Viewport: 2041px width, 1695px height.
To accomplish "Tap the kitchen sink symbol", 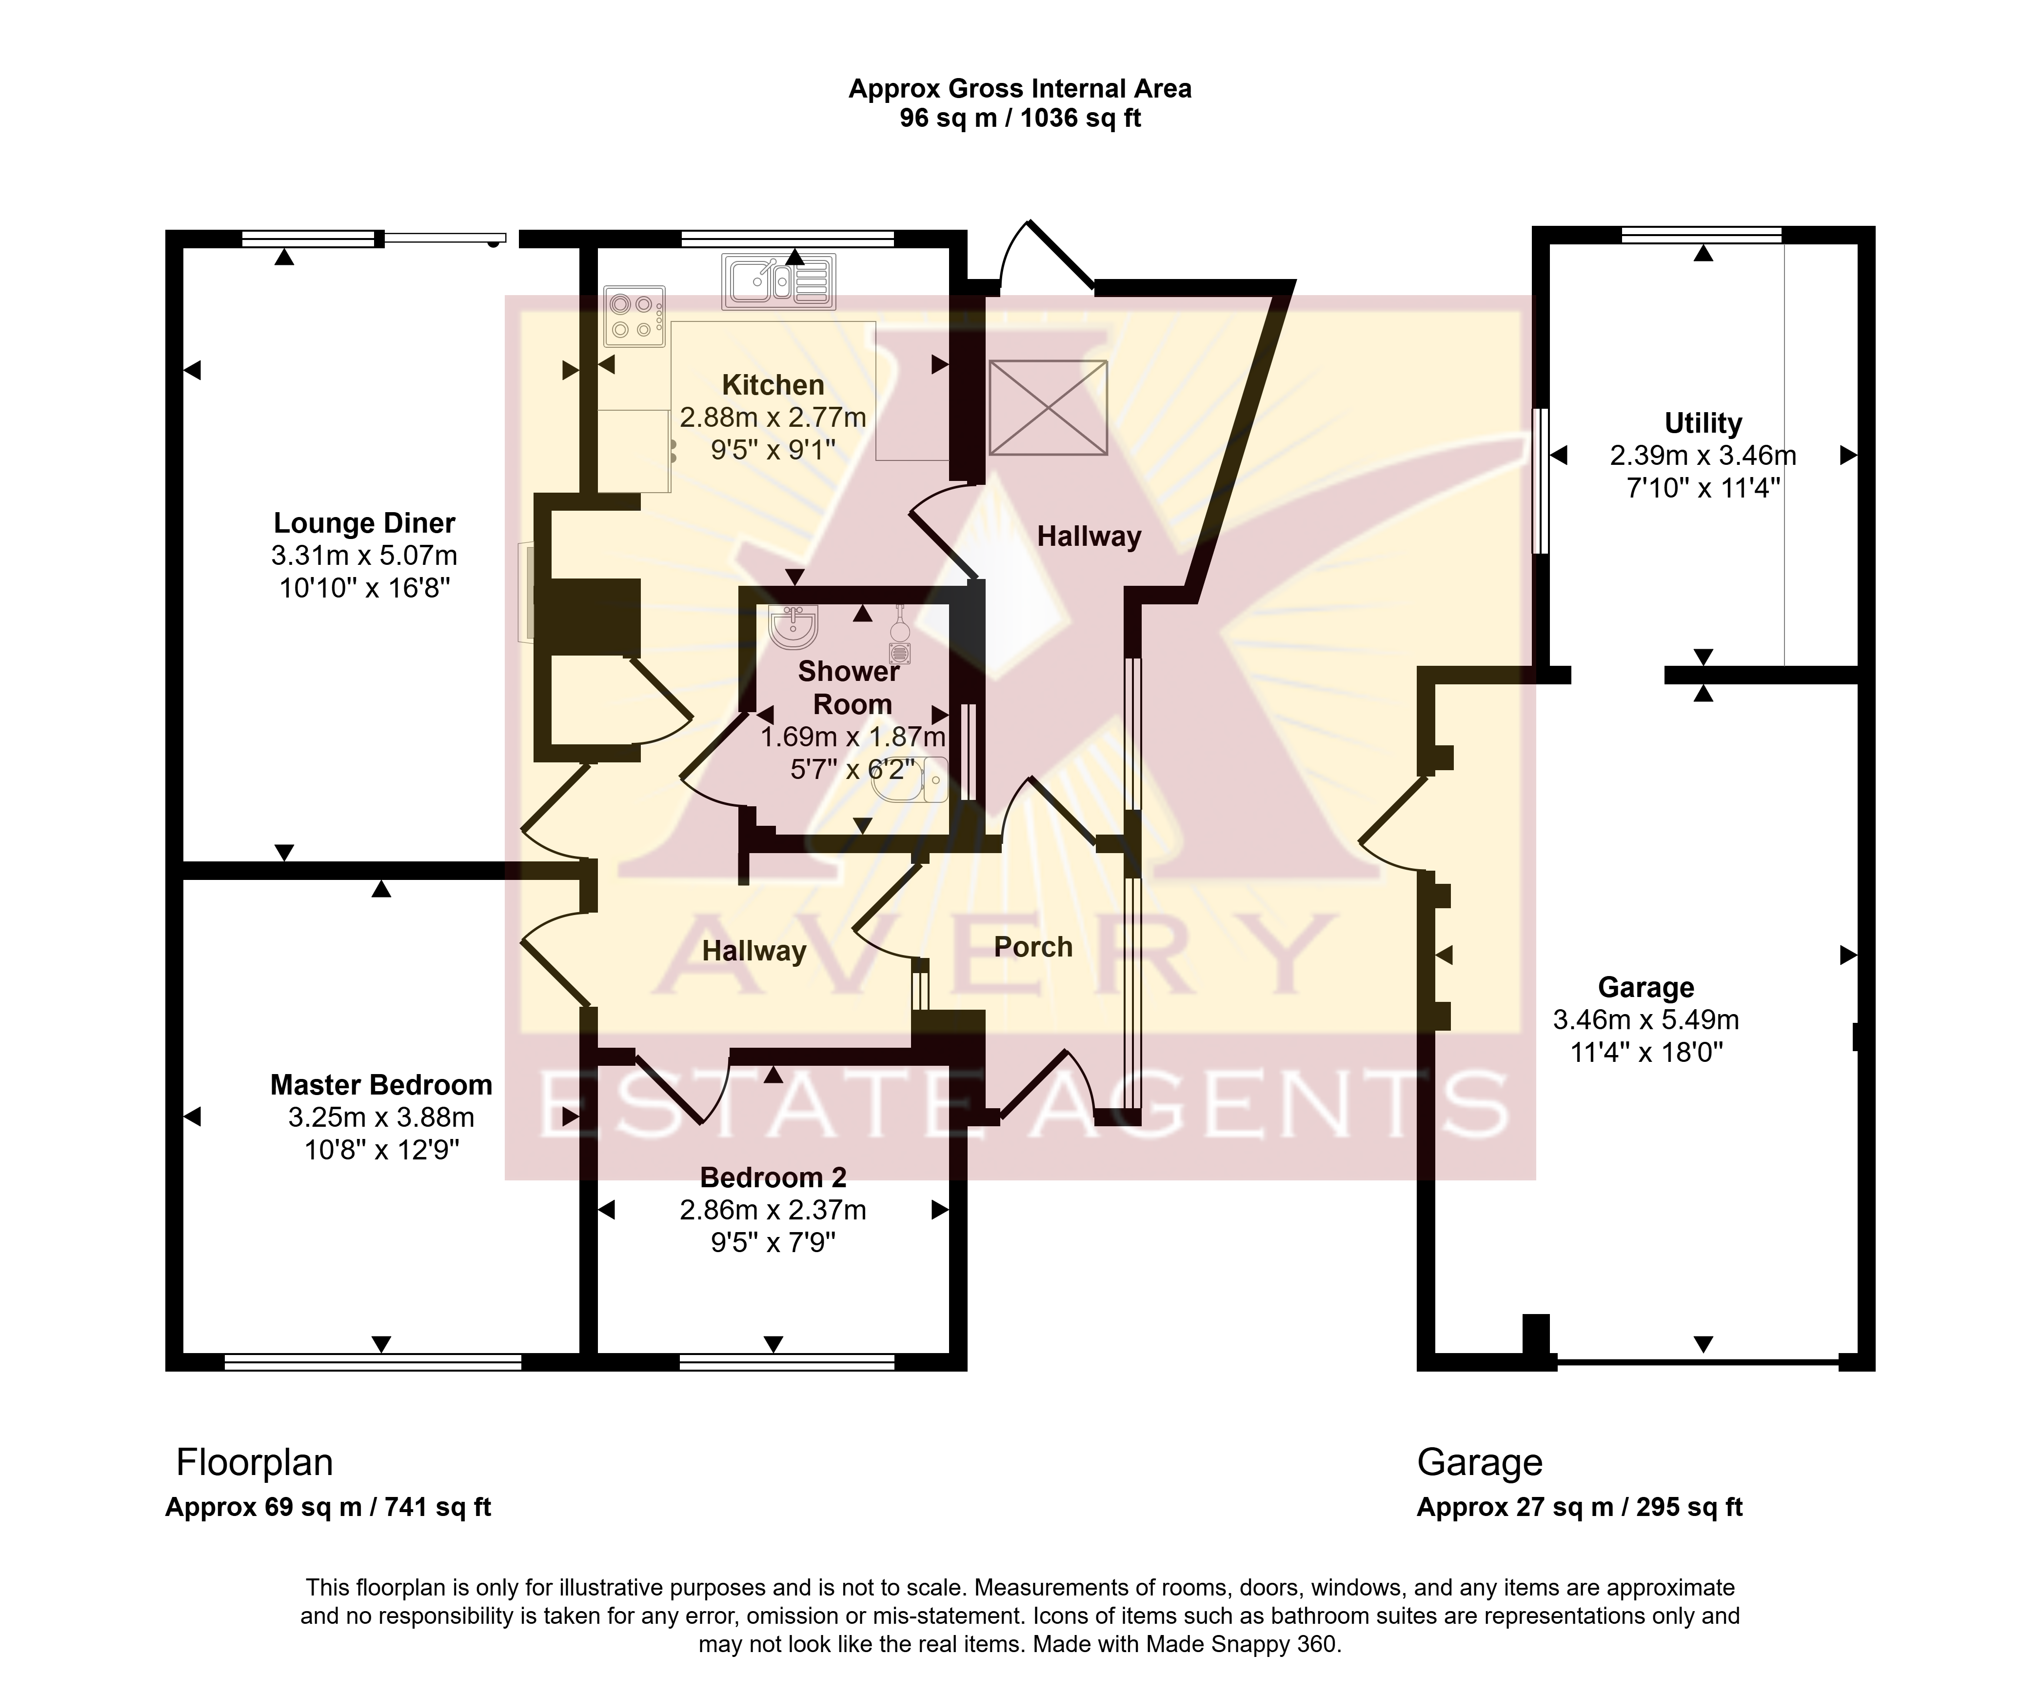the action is pos(778,282).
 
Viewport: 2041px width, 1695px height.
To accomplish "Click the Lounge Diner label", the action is pos(364,523).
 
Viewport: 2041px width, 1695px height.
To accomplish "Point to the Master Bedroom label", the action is pos(381,1085).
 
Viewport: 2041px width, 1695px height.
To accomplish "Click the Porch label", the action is pos(1033,947).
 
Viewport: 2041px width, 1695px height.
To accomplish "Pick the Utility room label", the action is pos(1703,424).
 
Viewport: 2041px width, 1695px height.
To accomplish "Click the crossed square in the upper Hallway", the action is pos(1048,407).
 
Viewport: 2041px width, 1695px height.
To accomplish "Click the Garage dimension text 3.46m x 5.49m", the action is pos(1645,1019).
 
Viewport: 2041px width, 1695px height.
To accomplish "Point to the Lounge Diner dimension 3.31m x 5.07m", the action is pos(364,556).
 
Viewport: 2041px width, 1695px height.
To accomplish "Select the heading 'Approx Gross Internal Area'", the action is pos(1020,88).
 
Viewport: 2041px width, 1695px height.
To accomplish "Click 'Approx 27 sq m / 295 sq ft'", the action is pos(1579,1507).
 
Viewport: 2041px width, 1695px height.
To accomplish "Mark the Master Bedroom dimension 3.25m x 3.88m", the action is pos(381,1117).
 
